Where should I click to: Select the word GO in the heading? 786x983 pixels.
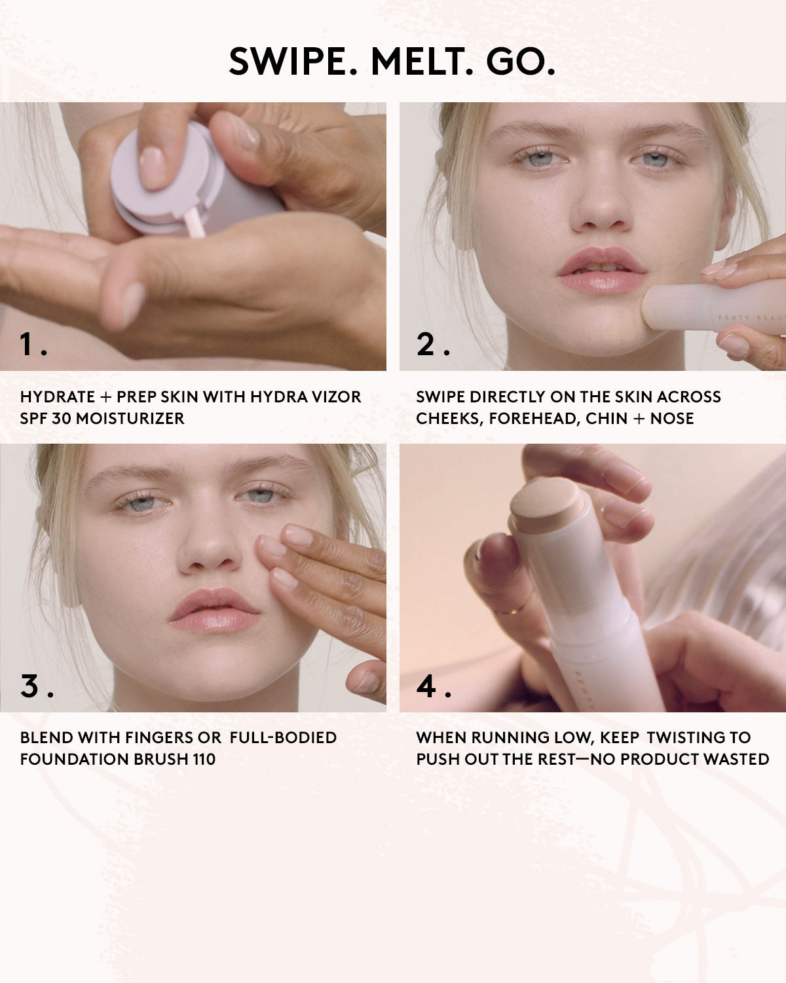coord(521,62)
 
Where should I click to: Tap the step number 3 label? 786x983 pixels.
coord(31,686)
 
